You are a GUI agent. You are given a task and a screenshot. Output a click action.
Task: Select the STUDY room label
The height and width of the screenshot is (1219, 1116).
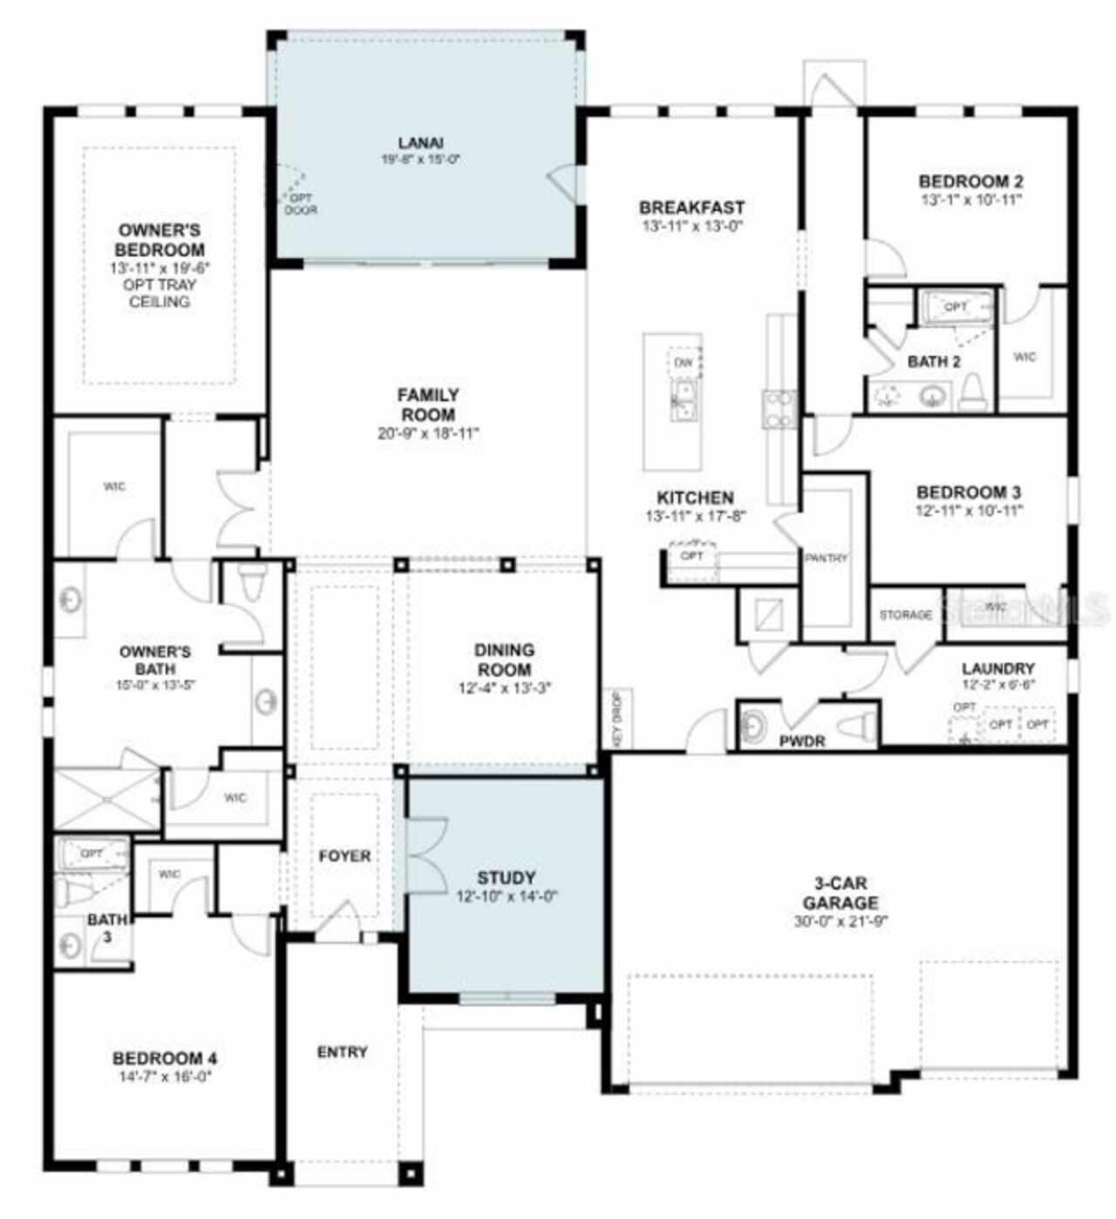(x=506, y=877)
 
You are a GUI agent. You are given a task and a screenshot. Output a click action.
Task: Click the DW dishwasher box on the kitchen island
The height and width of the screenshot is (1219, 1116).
(x=685, y=362)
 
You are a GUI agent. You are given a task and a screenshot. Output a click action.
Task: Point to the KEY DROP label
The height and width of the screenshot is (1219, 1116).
(x=617, y=718)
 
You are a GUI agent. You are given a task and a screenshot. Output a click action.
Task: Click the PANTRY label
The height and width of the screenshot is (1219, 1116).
(x=826, y=558)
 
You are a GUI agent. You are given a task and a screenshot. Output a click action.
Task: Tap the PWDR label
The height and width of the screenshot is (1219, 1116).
(x=802, y=741)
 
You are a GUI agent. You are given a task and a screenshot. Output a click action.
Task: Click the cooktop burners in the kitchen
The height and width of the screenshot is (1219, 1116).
(x=780, y=409)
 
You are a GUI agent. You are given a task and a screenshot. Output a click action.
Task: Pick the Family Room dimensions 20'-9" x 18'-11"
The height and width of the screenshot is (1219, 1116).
(x=428, y=433)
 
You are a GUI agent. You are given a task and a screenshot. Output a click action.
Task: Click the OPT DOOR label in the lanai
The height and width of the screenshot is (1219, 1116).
(x=301, y=204)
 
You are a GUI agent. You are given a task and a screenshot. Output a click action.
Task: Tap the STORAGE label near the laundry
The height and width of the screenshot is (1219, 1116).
(x=905, y=615)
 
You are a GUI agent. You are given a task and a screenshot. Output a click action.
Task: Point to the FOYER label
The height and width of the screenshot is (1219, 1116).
(x=344, y=856)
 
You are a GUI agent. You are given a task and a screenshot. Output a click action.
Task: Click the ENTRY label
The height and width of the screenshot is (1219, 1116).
(x=342, y=1052)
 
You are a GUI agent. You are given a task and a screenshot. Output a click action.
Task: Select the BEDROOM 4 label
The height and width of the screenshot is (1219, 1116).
(x=165, y=1059)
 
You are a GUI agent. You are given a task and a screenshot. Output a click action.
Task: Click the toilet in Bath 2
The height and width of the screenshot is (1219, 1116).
(x=972, y=394)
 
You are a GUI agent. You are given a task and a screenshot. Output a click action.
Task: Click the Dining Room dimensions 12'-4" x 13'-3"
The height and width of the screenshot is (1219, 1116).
(x=505, y=688)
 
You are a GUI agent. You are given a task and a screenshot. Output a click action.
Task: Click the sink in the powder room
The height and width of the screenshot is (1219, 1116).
(x=752, y=724)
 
